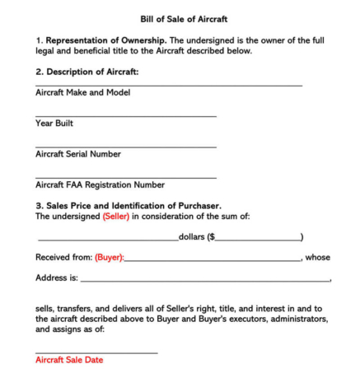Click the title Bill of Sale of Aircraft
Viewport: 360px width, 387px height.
point(179,19)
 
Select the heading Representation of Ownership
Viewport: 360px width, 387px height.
point(102,40)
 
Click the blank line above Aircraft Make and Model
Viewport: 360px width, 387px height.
point(168,85)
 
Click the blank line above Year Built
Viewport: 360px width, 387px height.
point(125,116)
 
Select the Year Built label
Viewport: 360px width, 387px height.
point(54,124)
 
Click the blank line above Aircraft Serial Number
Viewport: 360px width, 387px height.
point(125,147)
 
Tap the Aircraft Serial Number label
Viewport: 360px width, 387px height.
point(78,154)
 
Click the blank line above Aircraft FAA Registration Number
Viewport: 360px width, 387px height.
point(125,177)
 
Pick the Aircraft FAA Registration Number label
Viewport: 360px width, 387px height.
point(100,184)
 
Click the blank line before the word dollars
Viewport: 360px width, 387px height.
point(107,240)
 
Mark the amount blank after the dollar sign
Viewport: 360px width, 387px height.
point(257,240)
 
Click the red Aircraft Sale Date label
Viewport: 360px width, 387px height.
point(69,360)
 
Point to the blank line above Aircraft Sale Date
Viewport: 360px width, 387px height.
point(96,352)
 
